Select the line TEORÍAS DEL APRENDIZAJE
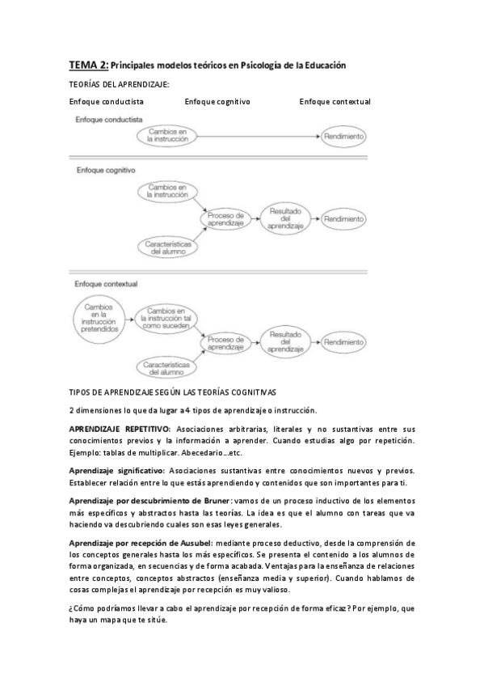tap(119, 83)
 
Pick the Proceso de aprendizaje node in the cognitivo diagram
tap(226, 219)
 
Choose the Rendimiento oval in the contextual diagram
tap(345, 342)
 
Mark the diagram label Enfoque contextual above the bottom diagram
tap(107, 284)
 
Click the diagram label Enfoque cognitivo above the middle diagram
tap(106, 171)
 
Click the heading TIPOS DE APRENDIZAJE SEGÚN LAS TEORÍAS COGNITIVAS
tap(173, 392)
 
